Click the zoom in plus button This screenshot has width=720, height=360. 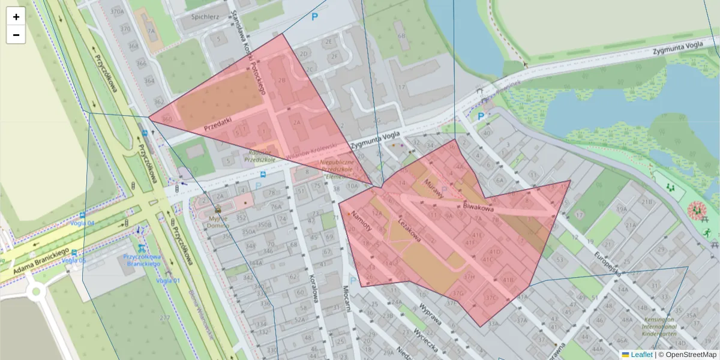click(16, 17)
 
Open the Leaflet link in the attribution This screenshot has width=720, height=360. click(641, 355)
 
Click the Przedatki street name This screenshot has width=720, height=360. click(217, 124)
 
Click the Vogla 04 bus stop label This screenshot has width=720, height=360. click(83, 223)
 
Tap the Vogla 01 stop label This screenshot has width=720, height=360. click(167, 280)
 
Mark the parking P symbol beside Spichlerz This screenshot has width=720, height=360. click(314, 17)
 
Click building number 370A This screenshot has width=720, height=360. click(118, 11)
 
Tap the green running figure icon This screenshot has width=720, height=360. click(707, 232)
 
